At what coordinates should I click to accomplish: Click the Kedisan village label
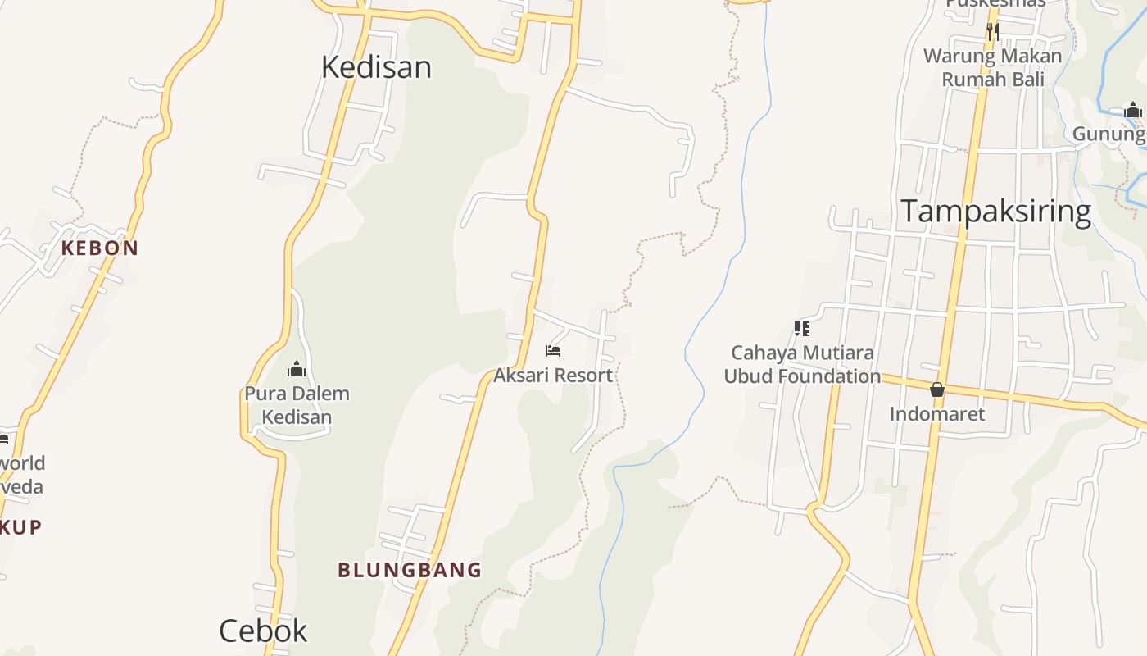[x=376, y=67]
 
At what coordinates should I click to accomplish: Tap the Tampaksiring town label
[x=996, y=212]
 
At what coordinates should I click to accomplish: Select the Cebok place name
[x=263, y=631]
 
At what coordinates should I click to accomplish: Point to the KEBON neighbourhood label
[x=100, y=248]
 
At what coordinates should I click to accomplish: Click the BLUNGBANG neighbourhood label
[x=410, y=570]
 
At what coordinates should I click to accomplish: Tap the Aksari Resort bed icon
[x=553, y=351]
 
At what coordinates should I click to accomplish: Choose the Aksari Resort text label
[x=553, y=376]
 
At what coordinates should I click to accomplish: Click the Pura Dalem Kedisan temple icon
[x=297, y=370]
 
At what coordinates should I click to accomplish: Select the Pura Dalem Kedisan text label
[x=297, y=405]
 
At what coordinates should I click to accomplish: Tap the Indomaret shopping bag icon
[x=937, y=389]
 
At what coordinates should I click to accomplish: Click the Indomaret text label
[x=937, y=413]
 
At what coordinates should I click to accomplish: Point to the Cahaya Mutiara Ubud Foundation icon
[x=802, y=329]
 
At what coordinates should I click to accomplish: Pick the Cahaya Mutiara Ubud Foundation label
[x=802, y=365]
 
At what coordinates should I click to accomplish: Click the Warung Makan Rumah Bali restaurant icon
[x=992, y=32]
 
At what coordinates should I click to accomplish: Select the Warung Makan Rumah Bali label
[x=993, y=68]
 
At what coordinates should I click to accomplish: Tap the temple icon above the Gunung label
[x=1133, y=111]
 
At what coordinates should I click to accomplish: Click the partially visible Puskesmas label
[x=995, y=3]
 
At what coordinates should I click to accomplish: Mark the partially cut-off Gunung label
[x=1109, y=134]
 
